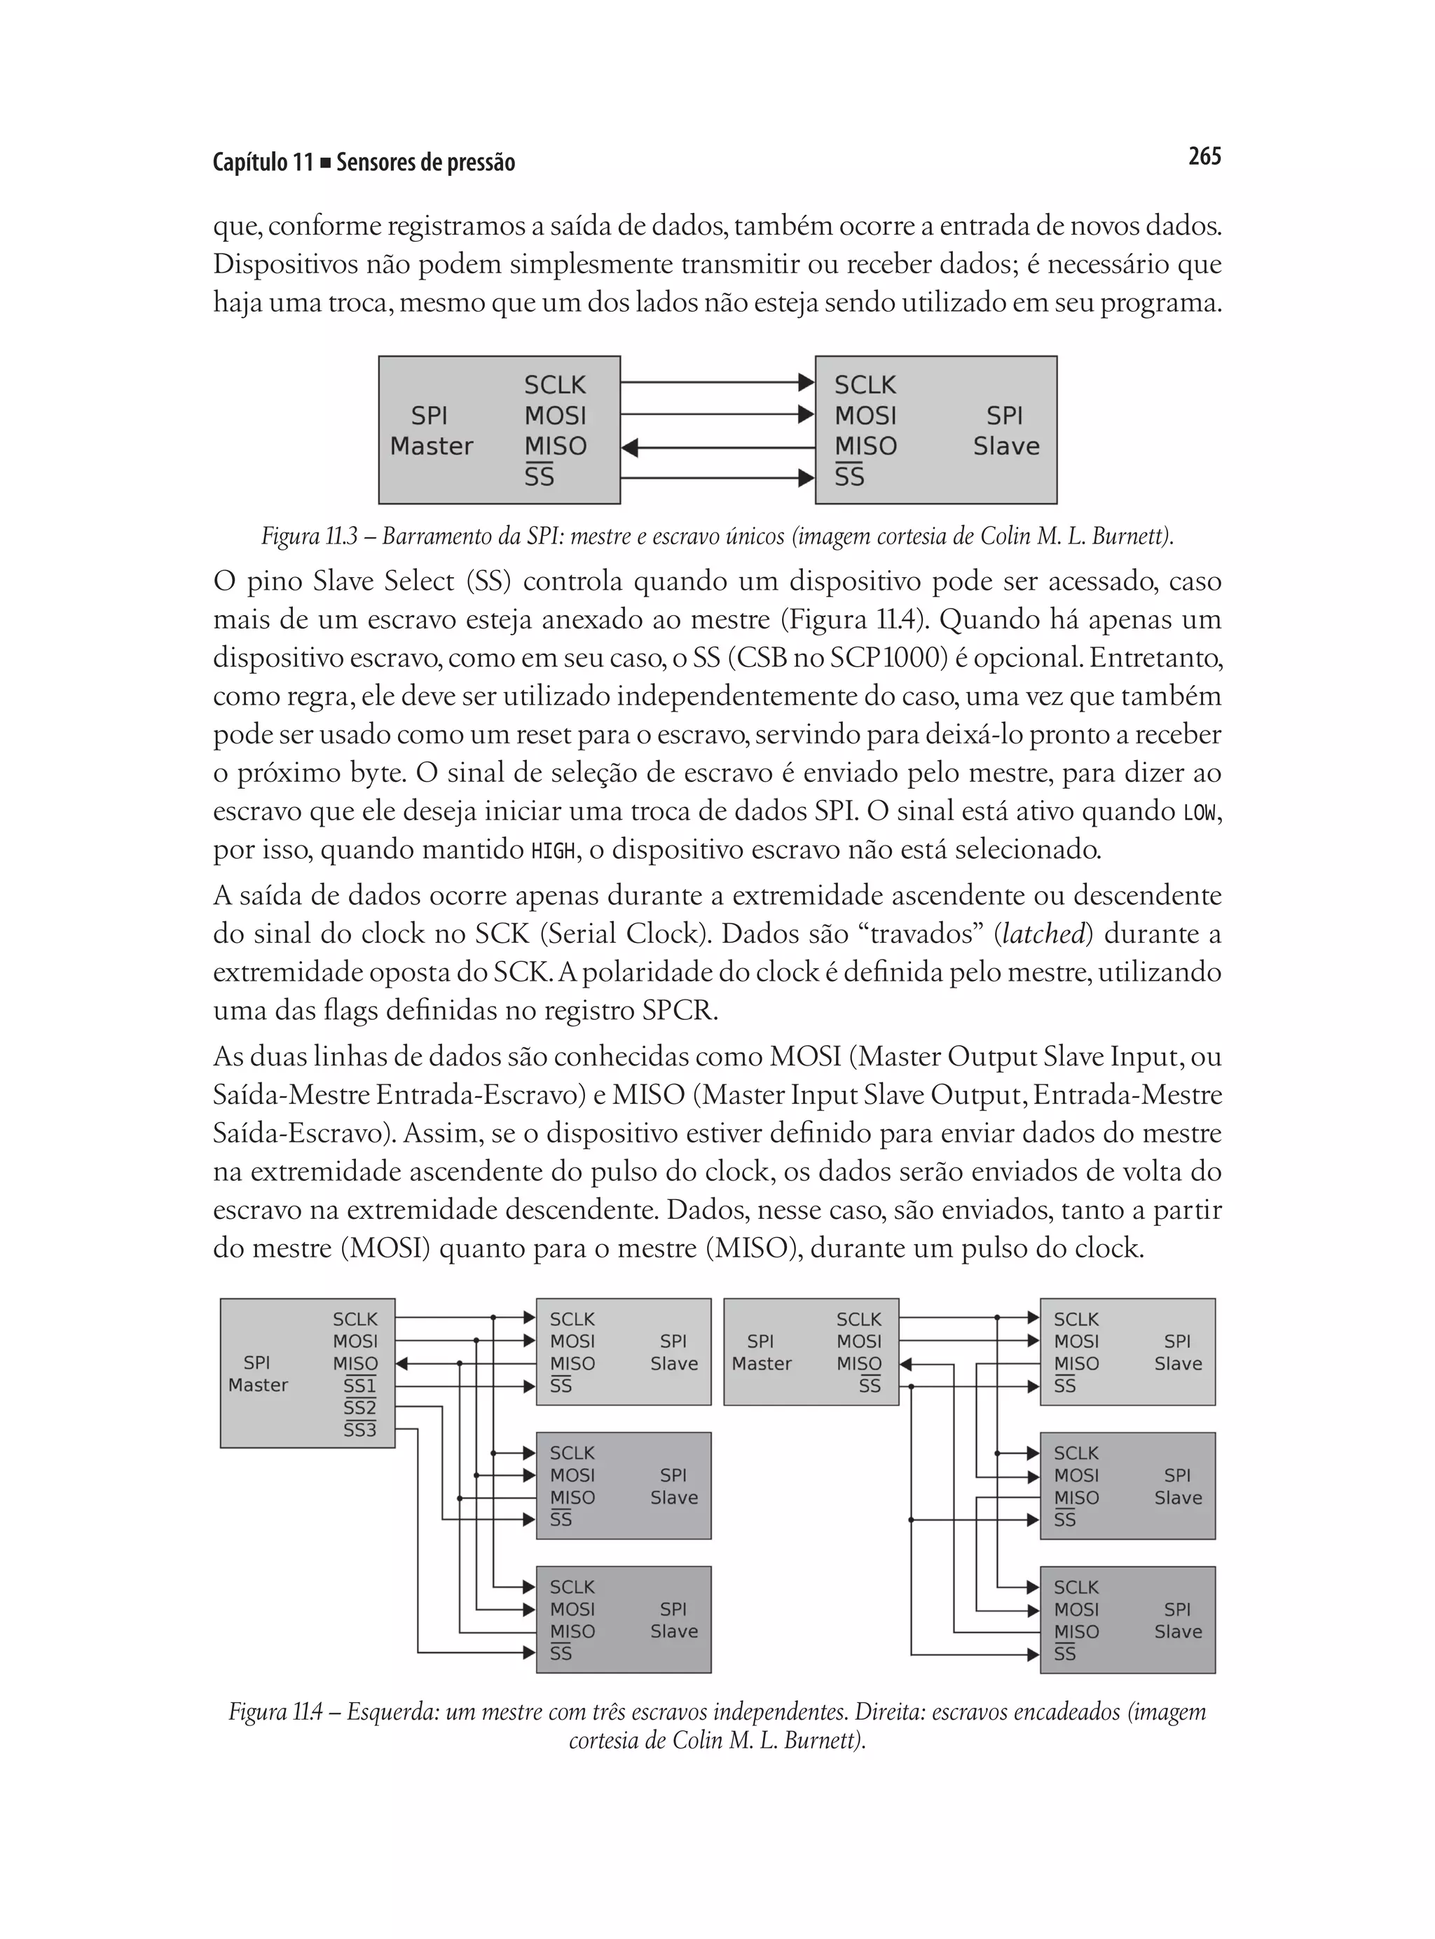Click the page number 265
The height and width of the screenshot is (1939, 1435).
pyautogui.click(x=1204, y=156)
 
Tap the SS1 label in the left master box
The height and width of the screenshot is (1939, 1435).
pyautogui.click(x=359, y=1385)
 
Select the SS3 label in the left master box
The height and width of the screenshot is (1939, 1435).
pyautogui.click(x=359, y=1429)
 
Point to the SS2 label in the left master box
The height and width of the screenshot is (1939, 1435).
pyautogui.click(x=359, y=1407)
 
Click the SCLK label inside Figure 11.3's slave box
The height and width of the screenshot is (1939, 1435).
pyautogui.click(x=865, y=385)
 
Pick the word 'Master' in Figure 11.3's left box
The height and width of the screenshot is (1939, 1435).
pyautogui.click(x=431, y=446)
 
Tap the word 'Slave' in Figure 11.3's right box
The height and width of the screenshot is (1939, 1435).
pyautogui.click(x=1006, y=446)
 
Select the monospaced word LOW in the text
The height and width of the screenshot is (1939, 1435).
pyautogui.click(x=1200, y=812)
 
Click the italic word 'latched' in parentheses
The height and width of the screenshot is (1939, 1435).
pyautogui.click(x=1043, y=934)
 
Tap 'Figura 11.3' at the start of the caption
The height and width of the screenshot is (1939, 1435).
pyautogui.click(x=309, y=537)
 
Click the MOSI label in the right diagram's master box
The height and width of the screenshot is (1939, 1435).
pyautogui.click(x=859, y=1341)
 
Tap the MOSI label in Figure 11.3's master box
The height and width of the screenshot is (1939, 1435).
pyautogui.click(x=555, y=416)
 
